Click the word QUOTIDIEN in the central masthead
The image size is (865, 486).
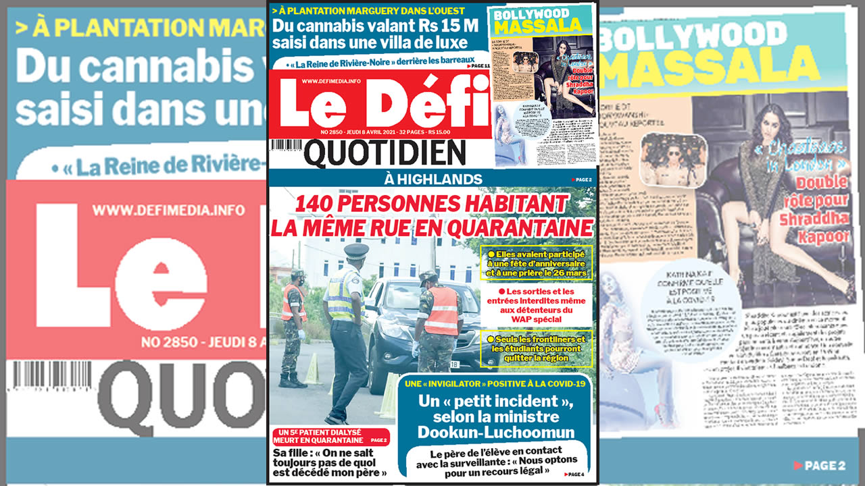coord(385,154)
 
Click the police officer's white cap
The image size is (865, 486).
coord(356,250)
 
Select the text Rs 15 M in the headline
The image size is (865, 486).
coord(433,26)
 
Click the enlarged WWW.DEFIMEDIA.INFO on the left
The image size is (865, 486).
coord(168,210)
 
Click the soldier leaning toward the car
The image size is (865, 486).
coord(439,317)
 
